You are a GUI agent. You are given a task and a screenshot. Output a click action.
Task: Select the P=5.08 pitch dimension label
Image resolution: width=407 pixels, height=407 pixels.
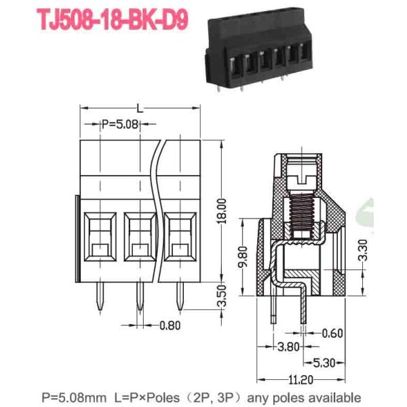[x=120, y=124]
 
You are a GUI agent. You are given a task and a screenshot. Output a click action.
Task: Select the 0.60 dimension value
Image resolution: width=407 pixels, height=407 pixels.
[x=332, y=332]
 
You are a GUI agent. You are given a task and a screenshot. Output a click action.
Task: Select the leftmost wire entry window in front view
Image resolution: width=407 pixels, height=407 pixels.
[x=99, y=239]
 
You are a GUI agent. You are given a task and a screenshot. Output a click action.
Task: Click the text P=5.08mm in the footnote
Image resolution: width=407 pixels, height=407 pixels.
[x=73, y=398]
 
